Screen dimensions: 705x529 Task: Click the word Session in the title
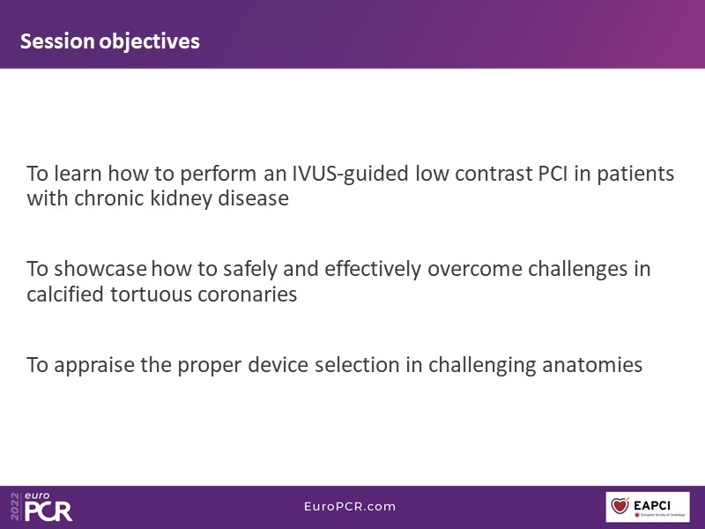coord(57,41)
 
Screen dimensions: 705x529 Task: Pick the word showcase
coord(100,269)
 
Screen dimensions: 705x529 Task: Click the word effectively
coord(373,270)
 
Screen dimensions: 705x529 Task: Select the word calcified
coord(65,294)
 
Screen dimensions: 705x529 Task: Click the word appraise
coord(94,365)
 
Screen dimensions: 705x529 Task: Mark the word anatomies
coord(592,365)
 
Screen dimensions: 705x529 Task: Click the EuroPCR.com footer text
coord(350,506)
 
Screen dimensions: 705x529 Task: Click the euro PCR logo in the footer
coord(48,506)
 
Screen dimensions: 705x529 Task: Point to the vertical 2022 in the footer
coord(15,506)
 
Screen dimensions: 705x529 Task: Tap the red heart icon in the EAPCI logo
coord(620,504)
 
